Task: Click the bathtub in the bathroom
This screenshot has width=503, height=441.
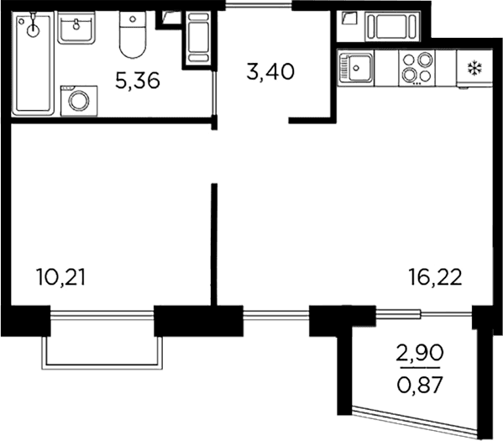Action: [33, 63]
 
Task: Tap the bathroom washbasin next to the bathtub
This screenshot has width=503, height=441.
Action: [76, 27]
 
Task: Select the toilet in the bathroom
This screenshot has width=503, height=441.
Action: [133, 34]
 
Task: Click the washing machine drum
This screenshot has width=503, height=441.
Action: [78, 101]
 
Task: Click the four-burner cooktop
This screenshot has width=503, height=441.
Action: [417, 68]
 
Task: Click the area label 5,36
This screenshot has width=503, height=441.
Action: [138, 81]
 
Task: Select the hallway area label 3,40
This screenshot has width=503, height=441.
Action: [270, 71]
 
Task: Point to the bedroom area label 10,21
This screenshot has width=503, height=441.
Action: [61, 277]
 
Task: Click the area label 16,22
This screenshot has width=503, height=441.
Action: [435, 277]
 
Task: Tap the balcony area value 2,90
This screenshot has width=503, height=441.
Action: [420, 353]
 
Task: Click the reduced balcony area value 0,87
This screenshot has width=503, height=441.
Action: [420, 385]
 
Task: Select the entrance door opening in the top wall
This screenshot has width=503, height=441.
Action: [259, 5]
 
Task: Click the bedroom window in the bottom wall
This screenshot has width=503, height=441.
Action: [102, 315]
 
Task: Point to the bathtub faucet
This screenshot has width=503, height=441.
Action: [33, 24]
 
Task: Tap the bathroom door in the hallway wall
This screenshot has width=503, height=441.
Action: [214, 92]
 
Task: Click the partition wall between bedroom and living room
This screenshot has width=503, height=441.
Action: [214, 244]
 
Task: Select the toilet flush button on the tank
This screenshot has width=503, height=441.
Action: [133, 19]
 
